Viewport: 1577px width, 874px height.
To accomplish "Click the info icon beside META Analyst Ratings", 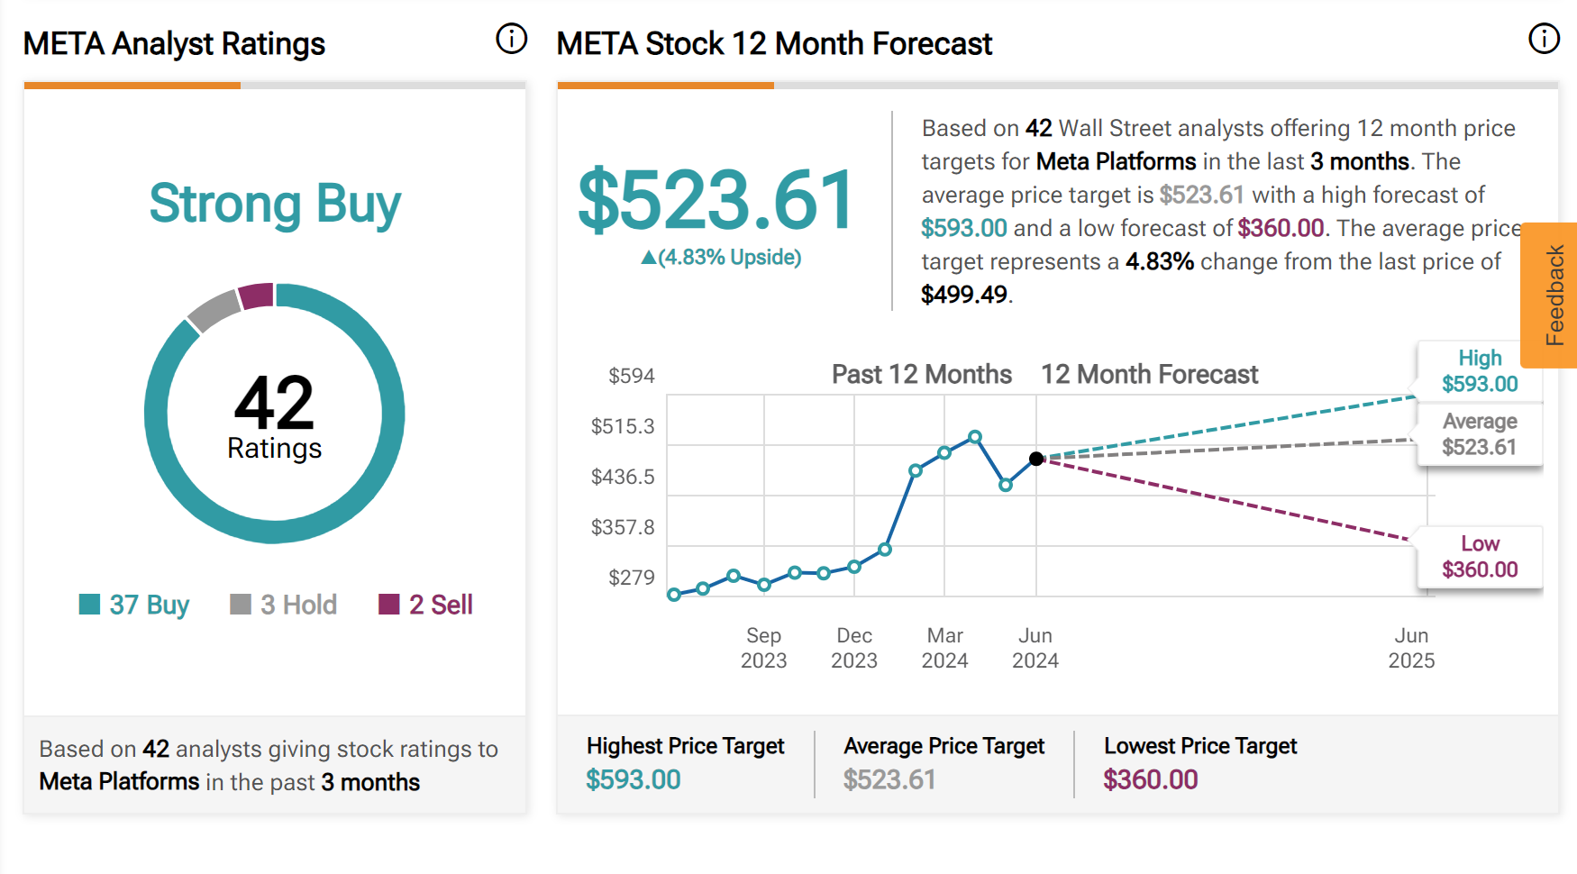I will [511, 39].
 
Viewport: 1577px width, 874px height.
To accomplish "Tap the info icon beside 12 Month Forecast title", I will [1544, 39].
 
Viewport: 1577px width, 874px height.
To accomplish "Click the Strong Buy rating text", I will [275, 204].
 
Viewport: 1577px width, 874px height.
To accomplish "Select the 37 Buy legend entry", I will [135, 605].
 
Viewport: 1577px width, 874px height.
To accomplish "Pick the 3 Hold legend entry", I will [284, 605].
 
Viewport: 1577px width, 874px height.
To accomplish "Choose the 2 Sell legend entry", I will [426, 605].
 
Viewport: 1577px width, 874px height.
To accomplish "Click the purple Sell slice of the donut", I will [257, 296].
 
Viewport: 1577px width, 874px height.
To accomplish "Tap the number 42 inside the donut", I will [274, 403].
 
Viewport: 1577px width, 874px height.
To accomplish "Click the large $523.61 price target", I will [716, 200].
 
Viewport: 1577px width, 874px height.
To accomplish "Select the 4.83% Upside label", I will [721, 258].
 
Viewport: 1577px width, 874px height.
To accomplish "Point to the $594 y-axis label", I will [631, 376].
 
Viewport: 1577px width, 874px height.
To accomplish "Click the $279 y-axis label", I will [631, 578].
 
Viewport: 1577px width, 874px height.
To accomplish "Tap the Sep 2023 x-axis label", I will [763, 648].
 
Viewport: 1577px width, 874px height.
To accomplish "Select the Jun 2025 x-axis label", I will [1411, 648].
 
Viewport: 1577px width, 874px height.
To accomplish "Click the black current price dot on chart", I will [1036, 459].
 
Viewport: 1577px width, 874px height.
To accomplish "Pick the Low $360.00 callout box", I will [1480, 557].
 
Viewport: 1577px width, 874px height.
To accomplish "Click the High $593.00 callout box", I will [1480, 371].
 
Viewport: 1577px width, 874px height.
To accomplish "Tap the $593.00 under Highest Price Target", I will [633, 779].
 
